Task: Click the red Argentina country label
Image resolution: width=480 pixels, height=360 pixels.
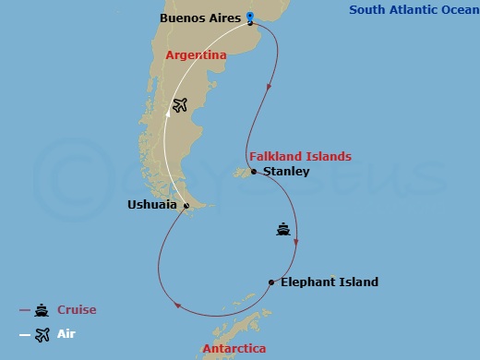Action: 196,55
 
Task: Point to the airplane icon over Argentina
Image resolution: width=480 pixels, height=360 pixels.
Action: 180,105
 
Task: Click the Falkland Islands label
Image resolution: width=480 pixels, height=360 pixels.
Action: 300,156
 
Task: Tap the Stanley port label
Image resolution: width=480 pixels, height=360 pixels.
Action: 286,172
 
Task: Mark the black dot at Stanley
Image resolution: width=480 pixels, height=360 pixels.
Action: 254,172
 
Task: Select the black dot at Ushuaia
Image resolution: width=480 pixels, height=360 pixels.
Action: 186,206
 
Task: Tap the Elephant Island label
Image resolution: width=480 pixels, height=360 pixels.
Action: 330,282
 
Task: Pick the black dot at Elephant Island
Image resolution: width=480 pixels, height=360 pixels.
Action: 270,282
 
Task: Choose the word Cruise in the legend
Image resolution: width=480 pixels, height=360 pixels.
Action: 77,310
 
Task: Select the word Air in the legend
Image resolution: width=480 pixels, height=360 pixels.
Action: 67,334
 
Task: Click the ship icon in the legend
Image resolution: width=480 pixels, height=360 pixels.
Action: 42,310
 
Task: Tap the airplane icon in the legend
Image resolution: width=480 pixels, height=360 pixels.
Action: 42,334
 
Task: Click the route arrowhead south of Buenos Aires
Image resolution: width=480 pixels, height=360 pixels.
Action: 269,88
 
